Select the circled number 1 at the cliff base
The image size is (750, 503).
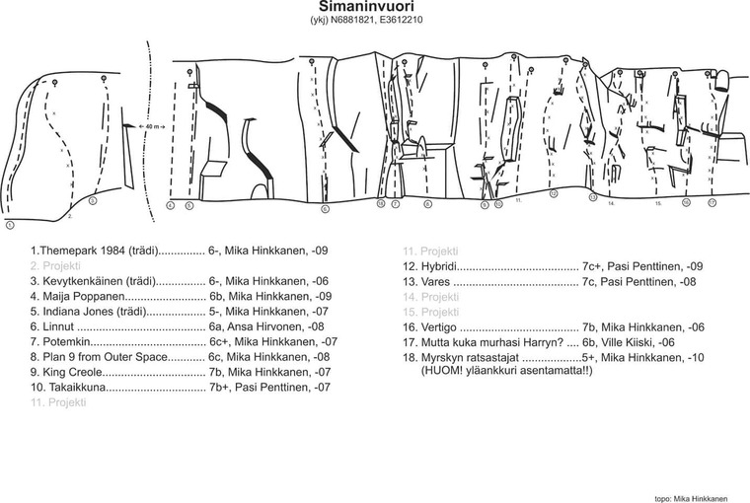(9, 225)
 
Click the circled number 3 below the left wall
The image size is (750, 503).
(92, 200)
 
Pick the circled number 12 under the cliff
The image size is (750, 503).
(554, 194)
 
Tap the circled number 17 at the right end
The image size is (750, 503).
(712, 202)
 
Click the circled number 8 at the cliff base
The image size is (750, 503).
(427, 204)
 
